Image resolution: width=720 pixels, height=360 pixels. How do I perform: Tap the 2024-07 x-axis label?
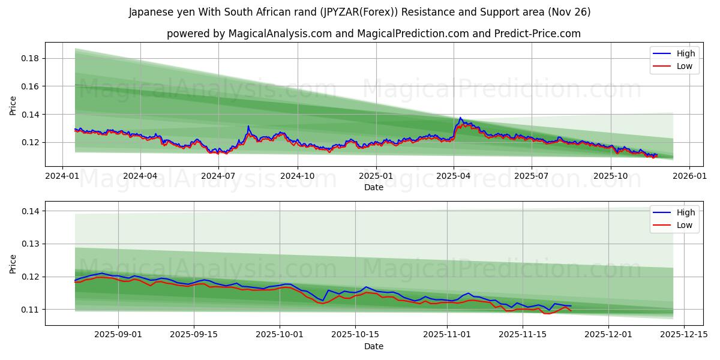[x=218, y=176]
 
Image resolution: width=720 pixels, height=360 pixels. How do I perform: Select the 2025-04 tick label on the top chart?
[x=454, y=176]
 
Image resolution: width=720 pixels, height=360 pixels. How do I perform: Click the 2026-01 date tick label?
[x=689, y=176]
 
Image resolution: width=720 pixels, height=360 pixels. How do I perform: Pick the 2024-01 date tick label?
[x=62, y=176]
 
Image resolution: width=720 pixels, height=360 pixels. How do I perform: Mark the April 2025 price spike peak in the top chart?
[x=460, y=118]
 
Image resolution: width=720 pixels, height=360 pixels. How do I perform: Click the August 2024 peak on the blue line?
[x=248, y=126]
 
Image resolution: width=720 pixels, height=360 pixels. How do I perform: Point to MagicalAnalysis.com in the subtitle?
[x=280, y=34]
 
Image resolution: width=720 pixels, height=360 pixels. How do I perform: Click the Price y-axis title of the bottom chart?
[x=13, y=263]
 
